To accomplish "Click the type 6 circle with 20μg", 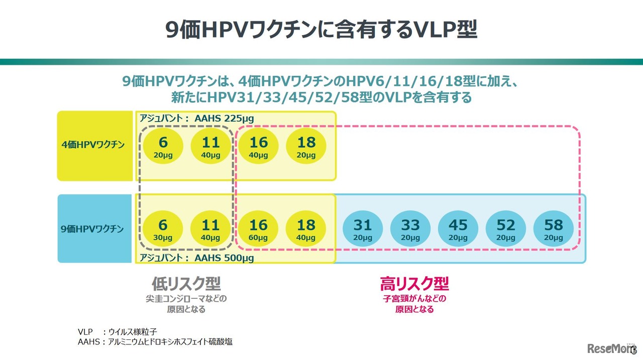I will click(163, 146).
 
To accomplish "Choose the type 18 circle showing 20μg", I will click(306, 146).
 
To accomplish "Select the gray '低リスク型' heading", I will click(186, 284).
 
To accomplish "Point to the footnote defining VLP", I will click(118, 331).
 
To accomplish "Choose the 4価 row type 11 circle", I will click(210, 146).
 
